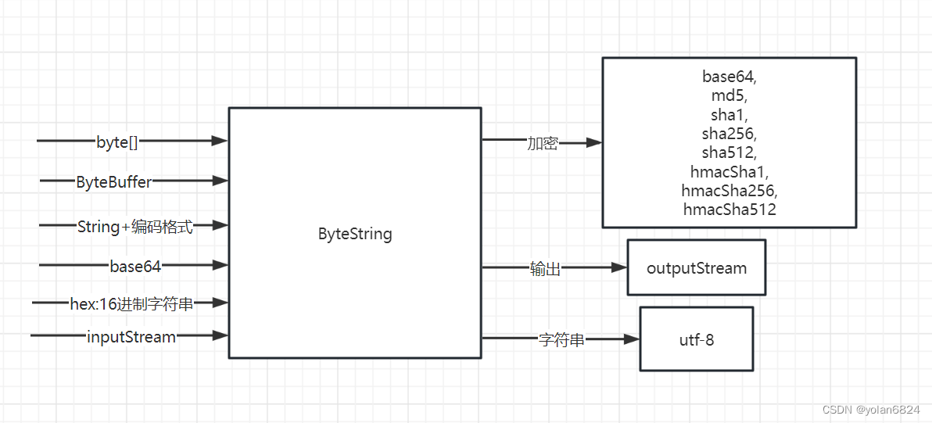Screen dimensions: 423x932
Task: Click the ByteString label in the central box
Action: tap(355, 234)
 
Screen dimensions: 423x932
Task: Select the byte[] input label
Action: tap(117, 142)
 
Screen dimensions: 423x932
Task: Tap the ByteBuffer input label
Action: tap(114, 182)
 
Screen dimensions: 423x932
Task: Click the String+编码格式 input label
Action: tap(134, 227)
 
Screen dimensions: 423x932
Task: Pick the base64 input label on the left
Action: tap(135, 266)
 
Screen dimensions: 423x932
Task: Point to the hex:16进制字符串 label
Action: tap(131, 304)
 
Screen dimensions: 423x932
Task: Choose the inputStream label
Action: tap(131, 337)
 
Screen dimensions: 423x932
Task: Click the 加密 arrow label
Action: tap(542, 144)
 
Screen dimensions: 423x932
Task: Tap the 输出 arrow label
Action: tap(545, 269)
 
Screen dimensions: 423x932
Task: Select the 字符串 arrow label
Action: tap(561, 340)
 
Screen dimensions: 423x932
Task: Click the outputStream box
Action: tap(696, 268)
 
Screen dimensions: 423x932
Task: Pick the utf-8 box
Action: tap(696, 339)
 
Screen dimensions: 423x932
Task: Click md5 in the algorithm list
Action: tap(729, 95)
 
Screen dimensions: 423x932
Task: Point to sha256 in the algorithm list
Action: tap(729, 133)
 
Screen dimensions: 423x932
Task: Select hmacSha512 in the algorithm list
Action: tap(729, 209)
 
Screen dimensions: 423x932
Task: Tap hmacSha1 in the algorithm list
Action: tap(729, 171)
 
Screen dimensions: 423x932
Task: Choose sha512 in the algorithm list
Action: tap(729, 152)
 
